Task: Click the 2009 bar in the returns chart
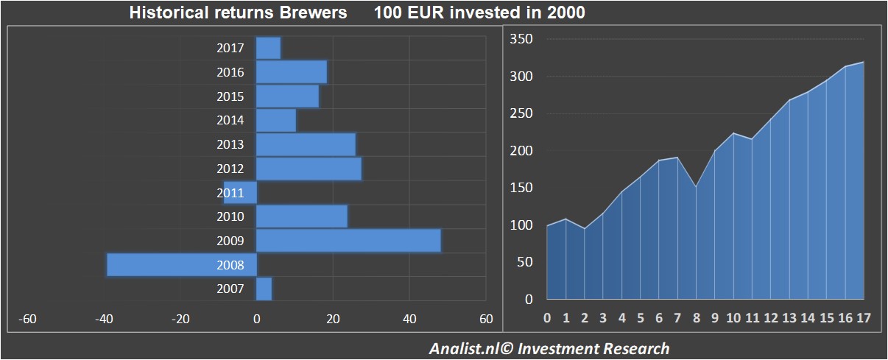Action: (348, 241)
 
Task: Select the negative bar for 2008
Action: (181, 264)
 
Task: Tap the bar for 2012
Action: (309, 169)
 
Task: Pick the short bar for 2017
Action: (268, 48)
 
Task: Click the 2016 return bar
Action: (291, 72)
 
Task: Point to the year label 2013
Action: (230, 144)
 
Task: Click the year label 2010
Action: (230, 216)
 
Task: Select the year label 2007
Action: (230, 289)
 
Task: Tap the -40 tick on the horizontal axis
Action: (104, 319)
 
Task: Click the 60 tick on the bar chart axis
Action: (486, 319)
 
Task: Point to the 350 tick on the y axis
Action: (521, 39)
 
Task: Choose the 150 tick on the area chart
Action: (521, 188)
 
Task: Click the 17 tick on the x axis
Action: (862, 318)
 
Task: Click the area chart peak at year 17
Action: (862, 63)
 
